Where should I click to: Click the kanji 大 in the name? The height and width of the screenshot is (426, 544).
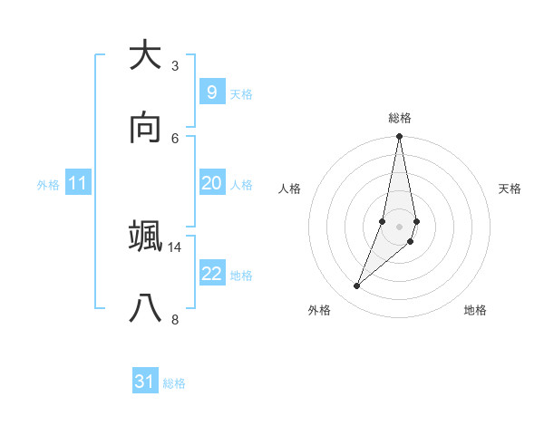[145, 55]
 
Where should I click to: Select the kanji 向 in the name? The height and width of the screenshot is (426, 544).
[145, 129]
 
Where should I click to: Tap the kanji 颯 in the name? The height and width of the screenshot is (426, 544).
[145, 237]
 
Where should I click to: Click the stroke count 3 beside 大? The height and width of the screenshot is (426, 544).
[175, 66]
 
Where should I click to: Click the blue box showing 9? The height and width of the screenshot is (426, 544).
[211, 92]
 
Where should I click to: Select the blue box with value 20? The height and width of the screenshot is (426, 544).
[211, 183]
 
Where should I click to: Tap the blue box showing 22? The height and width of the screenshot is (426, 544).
[211, 274]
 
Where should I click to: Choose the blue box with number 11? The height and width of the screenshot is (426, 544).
[78, 183]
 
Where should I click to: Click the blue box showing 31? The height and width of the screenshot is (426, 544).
[145, 382]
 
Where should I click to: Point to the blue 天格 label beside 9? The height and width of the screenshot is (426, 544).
[241, 94]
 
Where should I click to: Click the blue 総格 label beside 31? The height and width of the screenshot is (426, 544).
[174, 383]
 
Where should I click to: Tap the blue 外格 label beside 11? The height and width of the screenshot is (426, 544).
[48, 185]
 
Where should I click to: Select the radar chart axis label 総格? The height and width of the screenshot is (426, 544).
[400, 118]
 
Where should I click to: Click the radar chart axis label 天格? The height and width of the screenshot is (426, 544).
[510, 189]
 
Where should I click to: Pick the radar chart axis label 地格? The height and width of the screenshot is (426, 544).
[475, 310]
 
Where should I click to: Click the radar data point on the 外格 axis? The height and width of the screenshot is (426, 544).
[356, 286]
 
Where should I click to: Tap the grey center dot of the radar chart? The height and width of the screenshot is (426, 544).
[400, 227]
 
